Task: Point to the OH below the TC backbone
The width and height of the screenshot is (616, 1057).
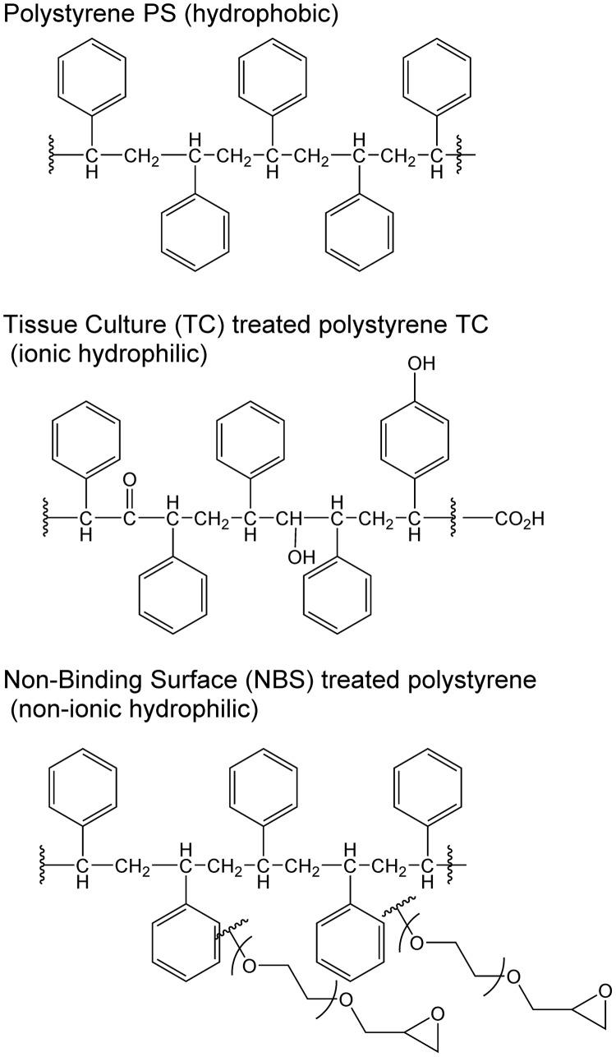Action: click(301, 557)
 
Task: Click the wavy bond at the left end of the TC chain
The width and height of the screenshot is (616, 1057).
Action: click(47, 519)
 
